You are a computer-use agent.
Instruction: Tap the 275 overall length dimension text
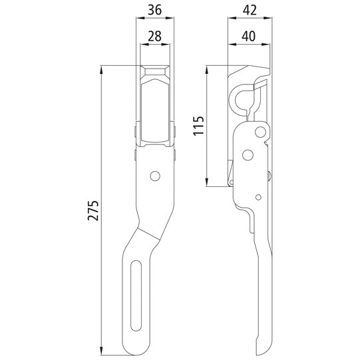coord(93,210)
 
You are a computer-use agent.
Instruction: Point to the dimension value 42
coord(250,11)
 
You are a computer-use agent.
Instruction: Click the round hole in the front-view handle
coord(155,176)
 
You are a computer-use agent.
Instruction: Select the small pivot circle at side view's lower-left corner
coord(232,181)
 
